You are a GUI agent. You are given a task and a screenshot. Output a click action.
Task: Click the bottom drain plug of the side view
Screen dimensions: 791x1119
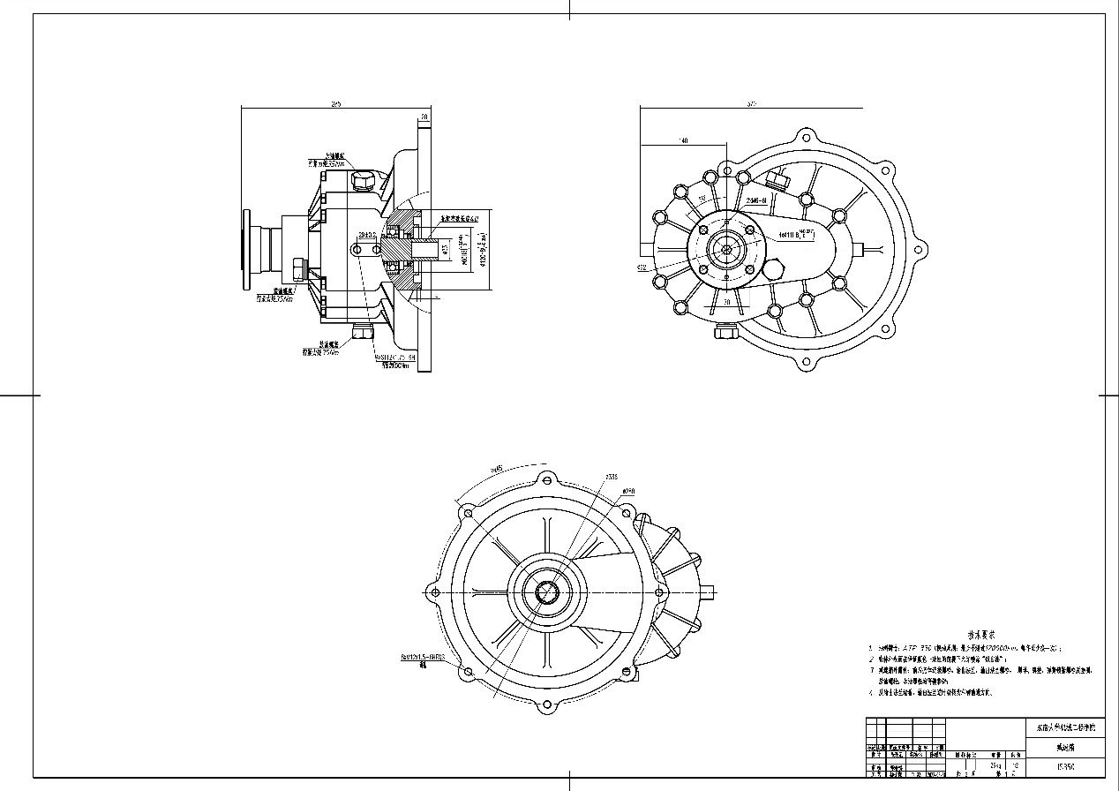pos(362,332)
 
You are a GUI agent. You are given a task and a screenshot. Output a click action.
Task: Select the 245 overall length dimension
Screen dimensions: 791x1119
pos(336,104)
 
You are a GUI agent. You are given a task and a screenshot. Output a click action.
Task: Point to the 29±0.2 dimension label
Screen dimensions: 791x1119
pos(367,235)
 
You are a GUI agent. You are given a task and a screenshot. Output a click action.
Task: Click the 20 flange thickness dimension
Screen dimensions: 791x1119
pos(424,117)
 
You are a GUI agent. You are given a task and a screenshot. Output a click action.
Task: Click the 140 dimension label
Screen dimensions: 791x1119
pos(683,140)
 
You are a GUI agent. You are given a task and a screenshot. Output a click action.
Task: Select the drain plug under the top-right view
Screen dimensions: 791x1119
pos(726,332)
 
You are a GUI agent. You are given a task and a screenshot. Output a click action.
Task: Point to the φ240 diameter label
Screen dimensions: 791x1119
pos(628,490)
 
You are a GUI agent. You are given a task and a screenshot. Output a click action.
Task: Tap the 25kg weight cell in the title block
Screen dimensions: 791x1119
pos(995,755)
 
